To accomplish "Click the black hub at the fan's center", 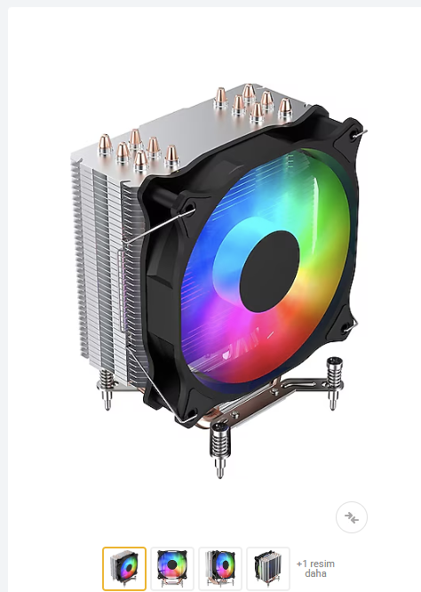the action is point(270,271).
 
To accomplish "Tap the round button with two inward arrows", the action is point(352,516).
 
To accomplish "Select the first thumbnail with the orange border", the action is point(124,568).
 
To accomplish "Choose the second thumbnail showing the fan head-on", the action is point(172,568).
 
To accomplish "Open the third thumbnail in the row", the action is point(220,568).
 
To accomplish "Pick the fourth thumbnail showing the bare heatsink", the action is point(268,568).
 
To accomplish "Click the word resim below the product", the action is point(322,564).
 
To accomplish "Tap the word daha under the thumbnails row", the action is point(316,573).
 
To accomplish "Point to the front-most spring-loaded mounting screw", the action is point(219,449).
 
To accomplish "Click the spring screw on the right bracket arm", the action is point(334,382).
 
